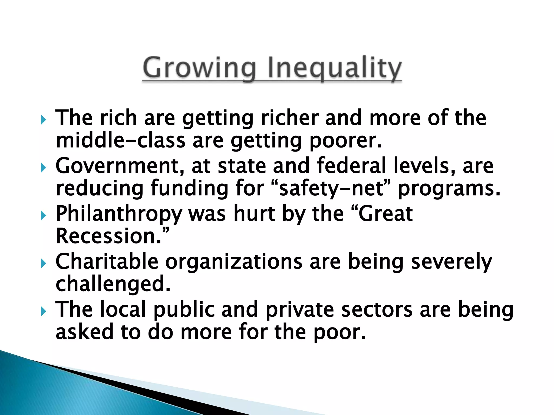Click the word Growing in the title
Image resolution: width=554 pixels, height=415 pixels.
tap(199, 68)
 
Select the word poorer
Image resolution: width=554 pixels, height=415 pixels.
tap(345, 141)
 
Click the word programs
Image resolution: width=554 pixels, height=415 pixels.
tap(449, 189)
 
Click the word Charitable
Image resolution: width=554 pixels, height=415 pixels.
tap(107, 261)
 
